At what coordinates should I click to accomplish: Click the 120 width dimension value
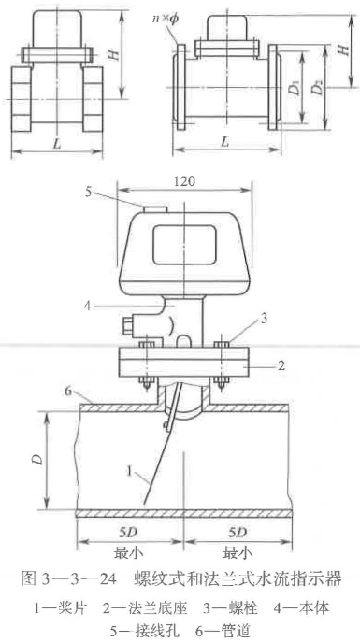tap(184, 181)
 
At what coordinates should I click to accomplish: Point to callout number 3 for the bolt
tap(264, 320)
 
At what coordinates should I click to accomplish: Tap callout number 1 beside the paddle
tap(128, 472)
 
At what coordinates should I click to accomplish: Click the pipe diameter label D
tap(38, 460)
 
